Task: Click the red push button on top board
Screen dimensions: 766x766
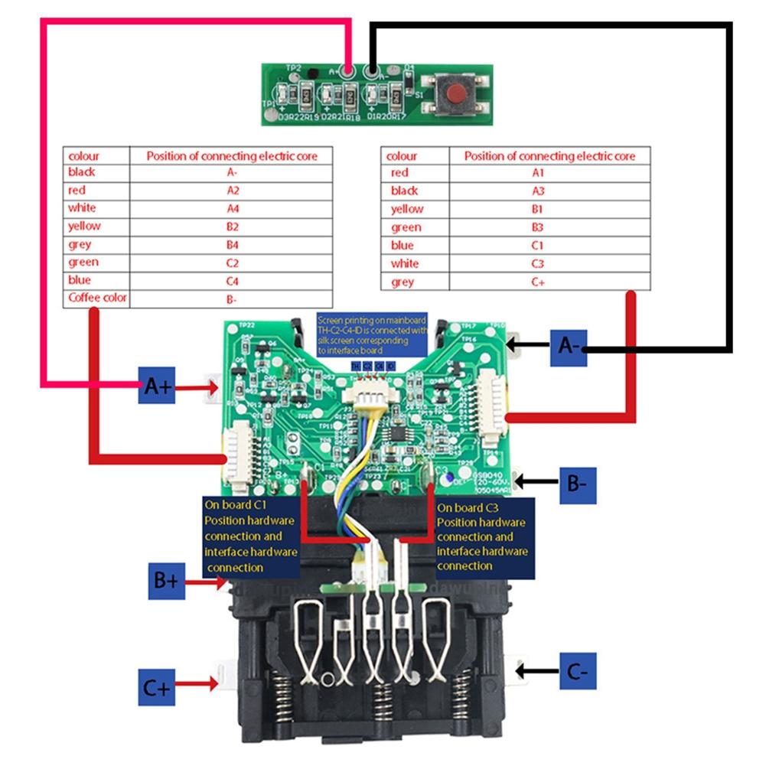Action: tap(456, 94)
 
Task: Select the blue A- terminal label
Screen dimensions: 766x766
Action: tap(569, 347)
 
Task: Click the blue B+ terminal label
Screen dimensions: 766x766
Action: tap(165, 582)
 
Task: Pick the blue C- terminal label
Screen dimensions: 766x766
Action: tap(576, 673)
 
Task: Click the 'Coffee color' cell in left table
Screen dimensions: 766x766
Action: tap(97, 297)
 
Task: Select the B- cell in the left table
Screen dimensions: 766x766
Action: tap(232, 298)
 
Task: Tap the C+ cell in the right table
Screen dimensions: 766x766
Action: tap(549, 282)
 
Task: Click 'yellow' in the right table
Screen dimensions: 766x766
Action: tap(407, 209)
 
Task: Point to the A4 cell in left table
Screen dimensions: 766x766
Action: tap(232, 207)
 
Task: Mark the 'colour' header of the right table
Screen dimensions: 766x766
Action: tap(402, 155)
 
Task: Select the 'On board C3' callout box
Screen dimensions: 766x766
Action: tap(484, 536)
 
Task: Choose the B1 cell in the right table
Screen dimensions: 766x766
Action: tap(549, 209)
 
